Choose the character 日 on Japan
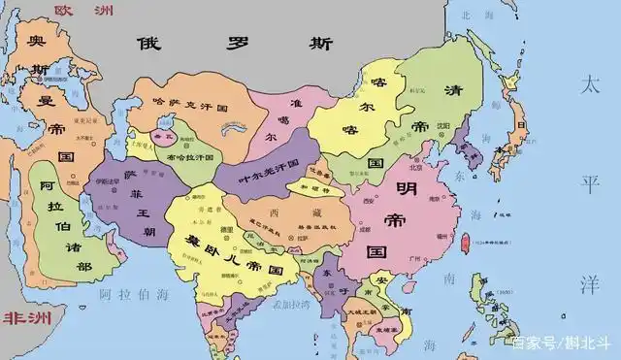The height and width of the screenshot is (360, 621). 521,125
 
